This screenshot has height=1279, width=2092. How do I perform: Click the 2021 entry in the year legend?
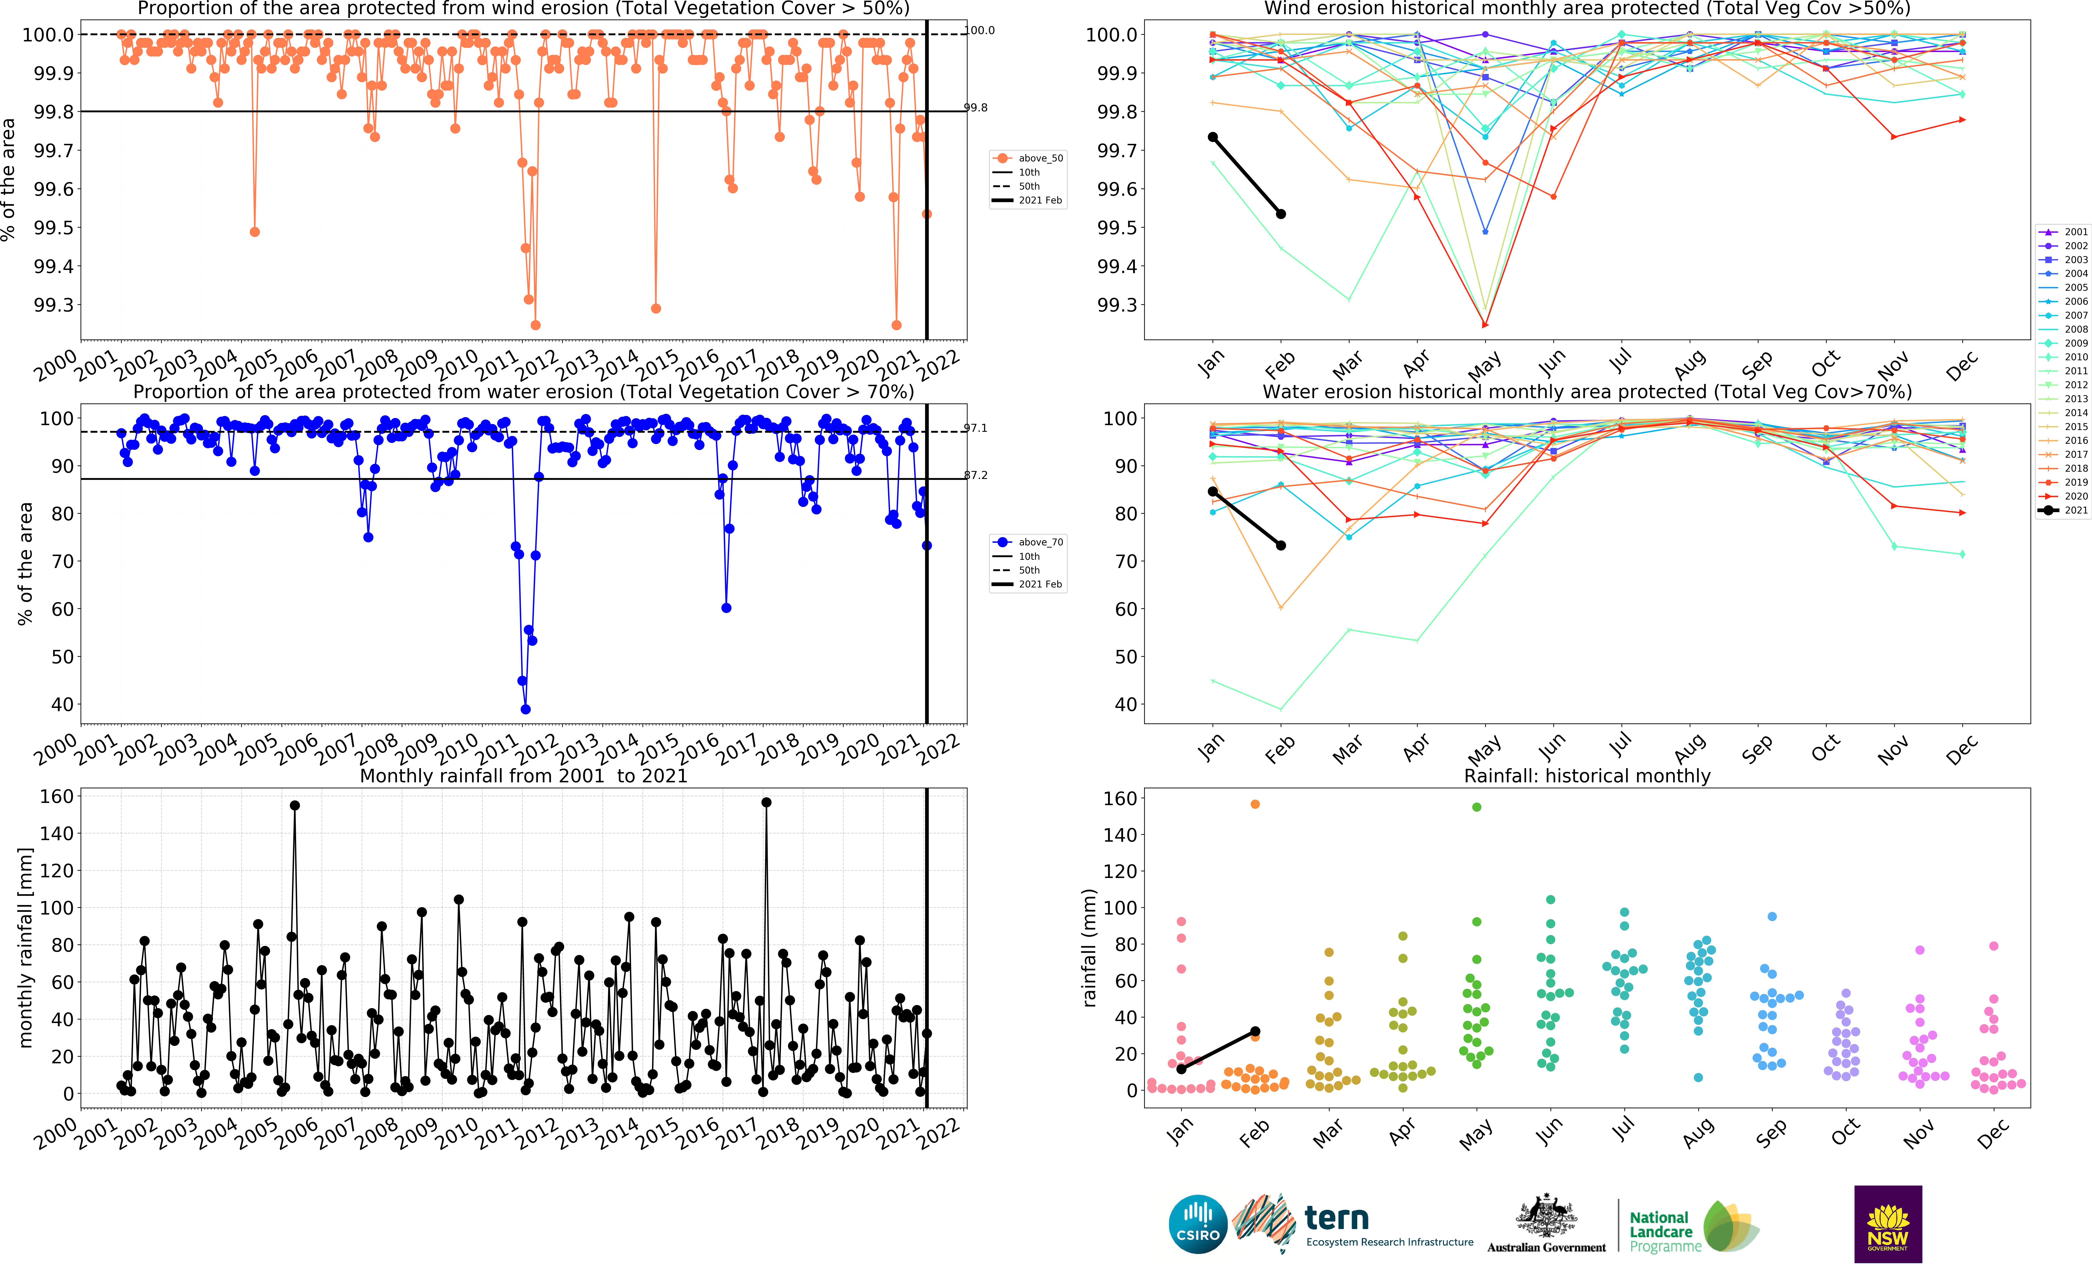[x=2068, y=510]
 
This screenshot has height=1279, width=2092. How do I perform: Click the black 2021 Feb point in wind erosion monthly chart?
[x=1281, y=214]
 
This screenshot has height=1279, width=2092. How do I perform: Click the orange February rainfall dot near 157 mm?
[x=1255, y=804]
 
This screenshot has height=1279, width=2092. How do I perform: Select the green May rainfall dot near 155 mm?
[x=1477, y=807]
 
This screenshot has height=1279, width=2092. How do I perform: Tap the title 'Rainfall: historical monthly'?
[x=1587, y=775]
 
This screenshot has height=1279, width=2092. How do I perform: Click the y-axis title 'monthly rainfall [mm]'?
[x=25, y=947]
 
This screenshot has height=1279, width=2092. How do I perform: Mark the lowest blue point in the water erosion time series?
[x=526, y=709]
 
